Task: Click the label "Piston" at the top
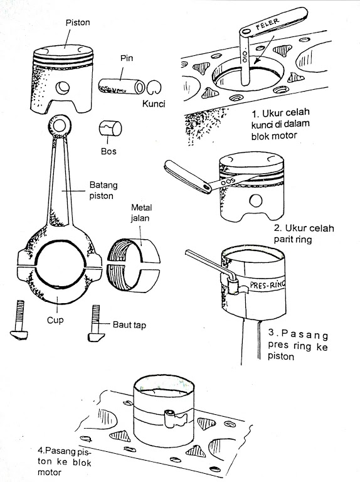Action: (x=78, y=23)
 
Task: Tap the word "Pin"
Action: (x=127, y=58)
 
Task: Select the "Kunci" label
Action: (x=154, y=104)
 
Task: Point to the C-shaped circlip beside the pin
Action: (x=154, y=88)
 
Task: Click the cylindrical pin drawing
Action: (x=122, y=87)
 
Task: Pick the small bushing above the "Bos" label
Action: (x=110, y=128)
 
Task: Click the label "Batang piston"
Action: (x=103, y=191)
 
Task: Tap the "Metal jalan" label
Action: (x=141, y=213)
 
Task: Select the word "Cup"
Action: (x=55, y=320)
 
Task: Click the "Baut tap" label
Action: (x=129, y=325)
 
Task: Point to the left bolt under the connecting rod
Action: (x=19, y=320)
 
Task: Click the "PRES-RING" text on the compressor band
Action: (x=268, y=285)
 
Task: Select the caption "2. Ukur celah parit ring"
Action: (x=304, y=233)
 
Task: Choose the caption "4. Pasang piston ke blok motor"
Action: (x=65, y=461)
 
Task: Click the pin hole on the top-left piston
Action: (x=63, y=88)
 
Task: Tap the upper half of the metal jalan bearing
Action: (x=134, y=251)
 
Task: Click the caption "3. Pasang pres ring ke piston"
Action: (x=298, y=345)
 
